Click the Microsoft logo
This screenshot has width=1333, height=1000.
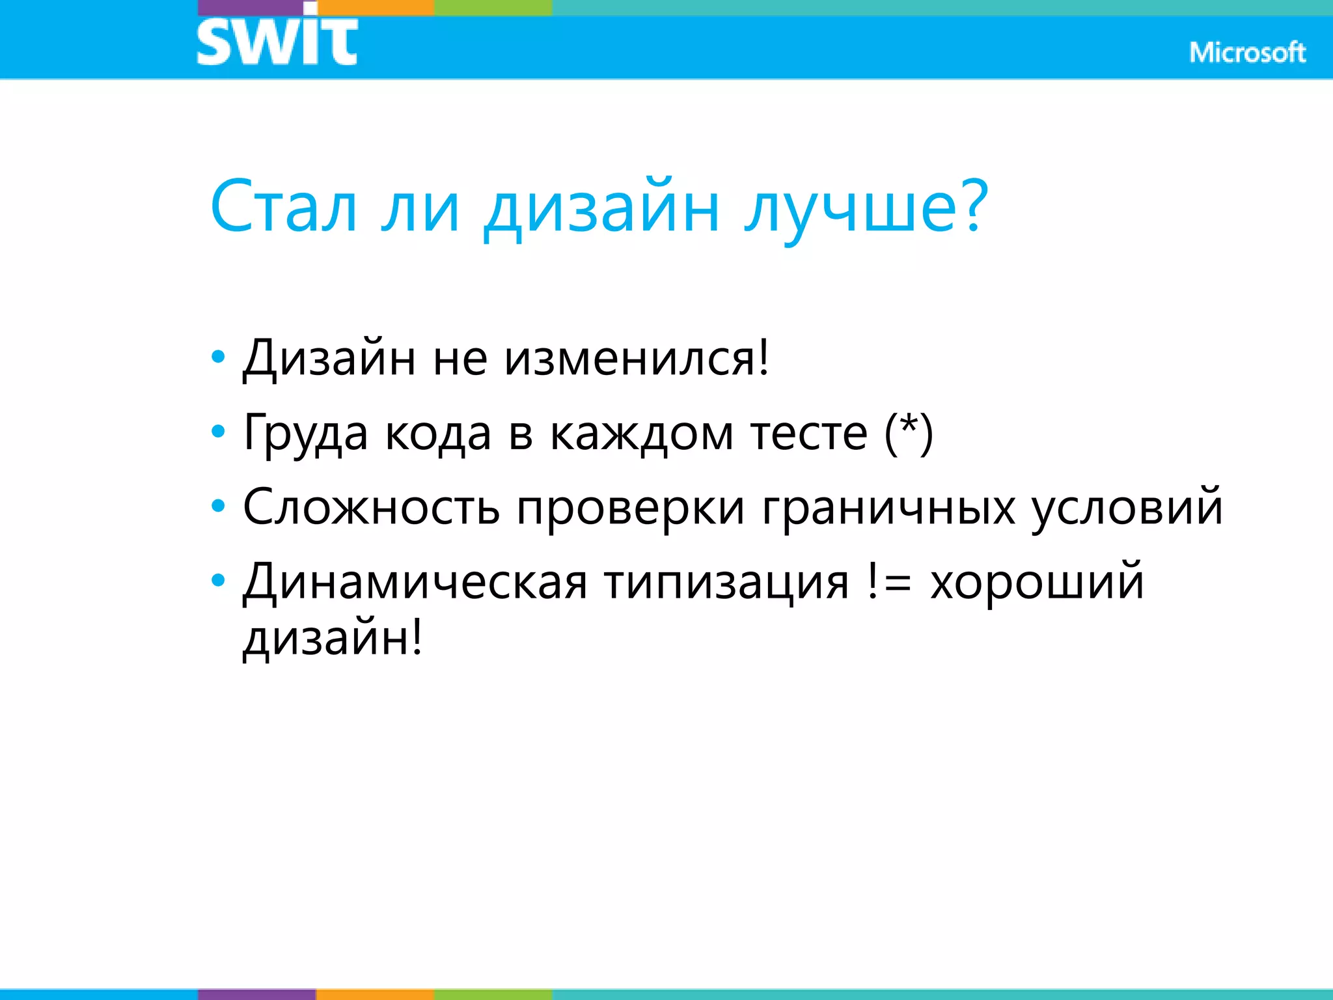(1247, 52)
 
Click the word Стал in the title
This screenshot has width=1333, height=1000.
(284, 207)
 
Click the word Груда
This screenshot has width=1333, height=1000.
(305, 434)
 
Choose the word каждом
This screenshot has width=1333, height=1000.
(642, 434)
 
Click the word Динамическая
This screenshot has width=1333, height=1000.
(415, 581)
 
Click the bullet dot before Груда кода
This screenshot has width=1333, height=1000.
(219, 431)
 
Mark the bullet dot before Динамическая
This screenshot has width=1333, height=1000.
(219, 579)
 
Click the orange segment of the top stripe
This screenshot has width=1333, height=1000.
(376, 7)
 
